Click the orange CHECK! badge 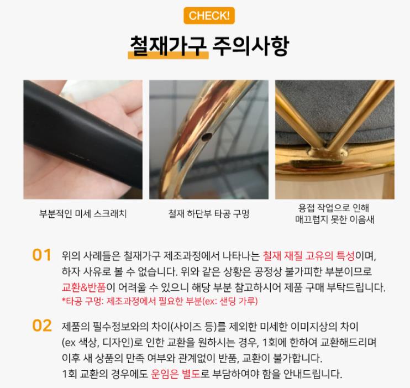pos(209,15)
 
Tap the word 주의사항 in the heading pos(250,46)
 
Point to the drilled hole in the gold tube pos(207,137)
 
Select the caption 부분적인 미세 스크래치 pos(83,214)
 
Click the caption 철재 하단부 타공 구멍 pos(209,214)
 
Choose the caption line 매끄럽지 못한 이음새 pos(334,219)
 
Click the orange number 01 pos(41,255)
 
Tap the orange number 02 pos(42,326)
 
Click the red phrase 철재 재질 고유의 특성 pos(308,255)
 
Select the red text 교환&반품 pos(84,287)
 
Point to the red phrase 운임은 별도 pos(176,374)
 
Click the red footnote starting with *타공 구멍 pos(160,301)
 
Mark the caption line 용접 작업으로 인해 pos(334,208)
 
